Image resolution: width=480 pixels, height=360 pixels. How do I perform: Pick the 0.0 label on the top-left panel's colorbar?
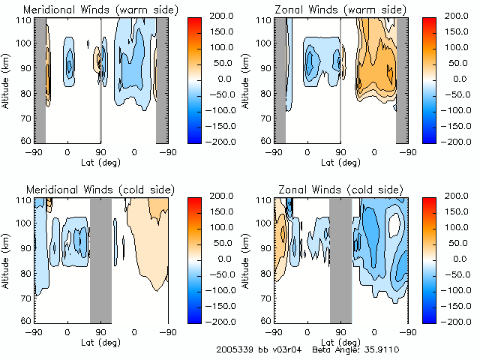(x=217, y=79)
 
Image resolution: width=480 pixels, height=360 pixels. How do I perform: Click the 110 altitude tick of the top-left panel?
(x=25, y=20)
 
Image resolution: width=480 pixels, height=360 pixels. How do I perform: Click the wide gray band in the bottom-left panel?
(x=100, y=260)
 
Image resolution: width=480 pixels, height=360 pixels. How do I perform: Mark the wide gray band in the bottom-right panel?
(x=340, y=260)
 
